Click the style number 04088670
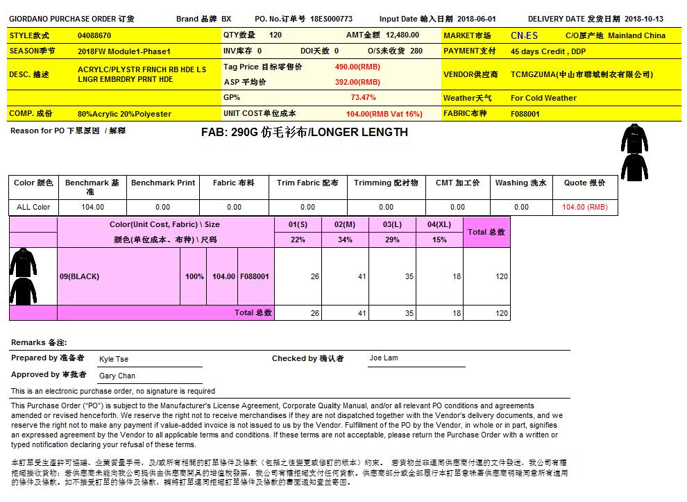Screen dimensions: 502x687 click(x=94, y=35)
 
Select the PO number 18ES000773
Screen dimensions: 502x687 click(x=332, y=19)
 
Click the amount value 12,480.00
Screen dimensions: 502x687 click(x=402, y=35)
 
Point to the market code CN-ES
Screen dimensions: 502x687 click(x=523, y=35)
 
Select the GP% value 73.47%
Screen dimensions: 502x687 click(x=364, y=98)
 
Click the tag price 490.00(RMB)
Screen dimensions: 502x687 click(x=357, y=67)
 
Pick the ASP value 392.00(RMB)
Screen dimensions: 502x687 click(x=357, y=82)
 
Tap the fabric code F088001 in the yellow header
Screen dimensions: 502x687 click(x=525, y=114)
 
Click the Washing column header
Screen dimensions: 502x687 click(x=521, y=183)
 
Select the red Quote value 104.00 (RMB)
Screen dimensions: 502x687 click(x=584, y=207)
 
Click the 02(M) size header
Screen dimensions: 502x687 click(x=345, y=225)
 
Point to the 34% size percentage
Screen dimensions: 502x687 click(x=345, y=240)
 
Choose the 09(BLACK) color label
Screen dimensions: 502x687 click(x=79, y=276)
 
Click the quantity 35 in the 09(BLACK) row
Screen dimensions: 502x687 click(x=409, y=276)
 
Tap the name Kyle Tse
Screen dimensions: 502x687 click(x=114, y=359)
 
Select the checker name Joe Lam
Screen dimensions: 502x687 click(x=384, y=358)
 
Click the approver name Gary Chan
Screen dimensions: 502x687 click(x=117, y=376)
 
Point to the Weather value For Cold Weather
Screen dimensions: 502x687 click(x=543, y=98)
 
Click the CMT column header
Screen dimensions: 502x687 click(x=457, y=183)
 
